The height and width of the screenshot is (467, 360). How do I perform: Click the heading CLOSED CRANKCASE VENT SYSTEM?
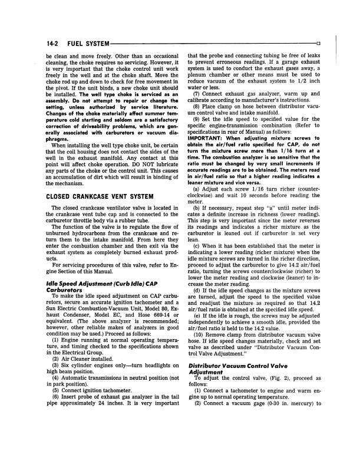click(100, 163)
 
